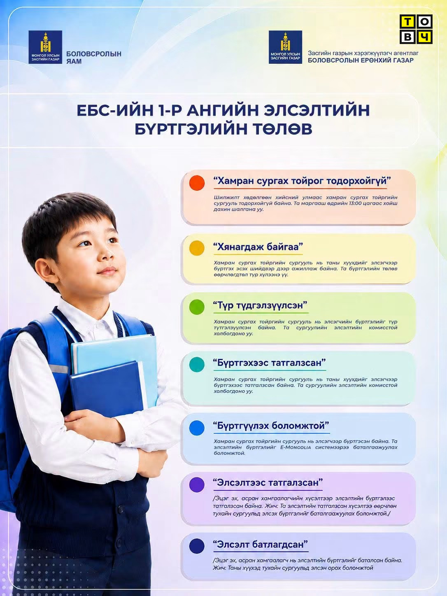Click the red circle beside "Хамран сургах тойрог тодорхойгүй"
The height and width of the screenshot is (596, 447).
coord(197,183)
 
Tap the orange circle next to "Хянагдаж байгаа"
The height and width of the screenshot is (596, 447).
coord(197,248)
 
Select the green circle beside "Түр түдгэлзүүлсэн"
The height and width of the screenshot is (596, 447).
coord(197,307)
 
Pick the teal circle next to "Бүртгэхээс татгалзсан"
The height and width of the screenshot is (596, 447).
coord(197,364)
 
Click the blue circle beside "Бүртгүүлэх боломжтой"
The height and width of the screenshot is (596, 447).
coord(197,428)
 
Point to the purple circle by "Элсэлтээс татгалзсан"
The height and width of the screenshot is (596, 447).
coord(197,485)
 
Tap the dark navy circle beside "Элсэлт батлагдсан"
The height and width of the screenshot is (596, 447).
coord(197,546)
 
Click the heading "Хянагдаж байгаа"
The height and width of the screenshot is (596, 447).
coord(258,247)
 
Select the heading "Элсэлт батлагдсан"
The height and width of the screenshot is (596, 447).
coord(261,545)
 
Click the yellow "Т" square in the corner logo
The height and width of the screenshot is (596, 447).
coord(407,22)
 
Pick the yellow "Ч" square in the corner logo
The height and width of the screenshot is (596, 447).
coord(424,37)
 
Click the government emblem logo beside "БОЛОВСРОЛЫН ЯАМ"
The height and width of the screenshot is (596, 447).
coord(45,47)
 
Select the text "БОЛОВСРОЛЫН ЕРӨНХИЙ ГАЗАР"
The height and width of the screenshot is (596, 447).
coord(361,60)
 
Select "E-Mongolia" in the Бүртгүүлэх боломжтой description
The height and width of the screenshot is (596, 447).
coord(296,447)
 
